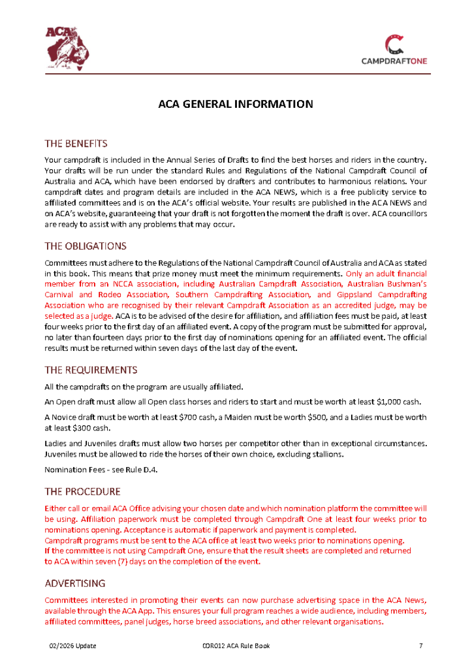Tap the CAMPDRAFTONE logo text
point(394,61)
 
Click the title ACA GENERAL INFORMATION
point(236,104)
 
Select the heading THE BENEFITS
point(76,144)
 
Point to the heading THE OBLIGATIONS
point(86,246)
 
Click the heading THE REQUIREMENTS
point(91,370)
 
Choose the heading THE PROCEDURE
point(82,491)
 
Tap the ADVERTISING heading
point(75,583)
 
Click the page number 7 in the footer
point(421,646)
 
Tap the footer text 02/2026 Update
point(73,646)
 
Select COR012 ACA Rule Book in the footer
point(236,646)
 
